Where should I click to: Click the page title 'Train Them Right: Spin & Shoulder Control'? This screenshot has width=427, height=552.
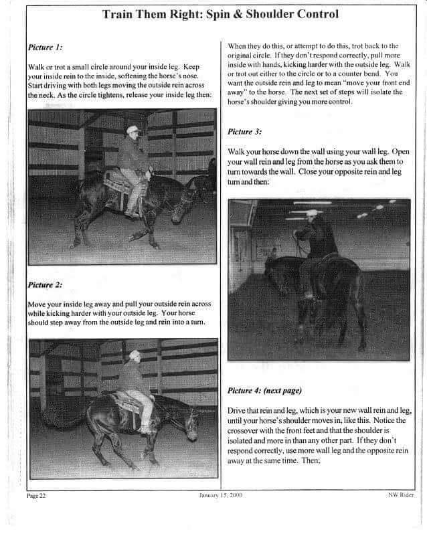(220, 13)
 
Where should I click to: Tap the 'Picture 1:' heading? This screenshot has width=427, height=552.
(46, 48)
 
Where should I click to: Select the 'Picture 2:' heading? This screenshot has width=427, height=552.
(46, 285)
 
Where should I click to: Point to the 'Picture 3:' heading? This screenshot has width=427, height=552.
(244, 132)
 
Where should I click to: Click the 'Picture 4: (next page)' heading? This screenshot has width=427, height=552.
(264, 390)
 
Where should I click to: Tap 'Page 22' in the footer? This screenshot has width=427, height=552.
(36, 496)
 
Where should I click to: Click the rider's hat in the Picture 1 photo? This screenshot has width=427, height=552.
(133, 129)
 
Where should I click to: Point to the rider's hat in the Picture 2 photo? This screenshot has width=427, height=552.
(135, 353)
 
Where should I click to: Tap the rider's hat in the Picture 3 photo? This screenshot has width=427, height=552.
(312, 213)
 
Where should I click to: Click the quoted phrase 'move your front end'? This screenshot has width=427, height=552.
(348, 84)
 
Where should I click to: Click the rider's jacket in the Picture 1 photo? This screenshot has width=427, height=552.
(133, 155)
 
